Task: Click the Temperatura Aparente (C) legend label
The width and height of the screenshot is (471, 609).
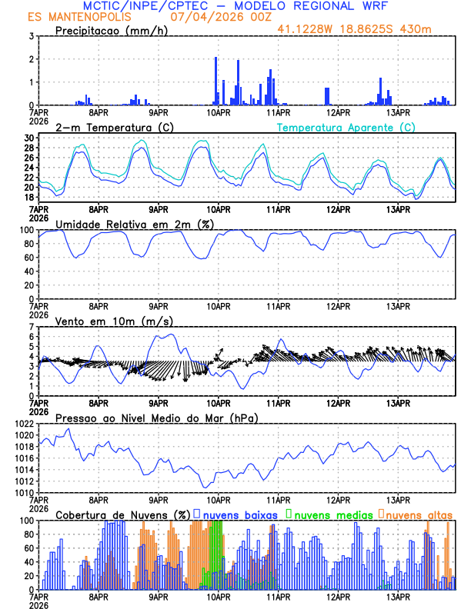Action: pyautogui.click(x=346, y=127)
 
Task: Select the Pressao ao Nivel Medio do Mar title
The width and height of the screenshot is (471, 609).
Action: pyautogui.click(x=156, y=418)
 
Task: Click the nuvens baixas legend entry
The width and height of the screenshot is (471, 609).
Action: pyautogui.click(x=238, y=514)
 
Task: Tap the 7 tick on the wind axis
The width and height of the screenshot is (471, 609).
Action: pyautogui.click(x=32, y=327)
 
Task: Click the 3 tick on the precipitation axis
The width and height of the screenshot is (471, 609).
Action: pyautogui.click(x=32, y=36)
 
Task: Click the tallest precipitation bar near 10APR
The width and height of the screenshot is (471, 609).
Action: pyautogui.click(x=215, y=81)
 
